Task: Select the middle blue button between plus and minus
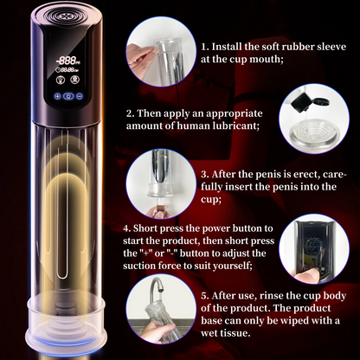tap(69, 99)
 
